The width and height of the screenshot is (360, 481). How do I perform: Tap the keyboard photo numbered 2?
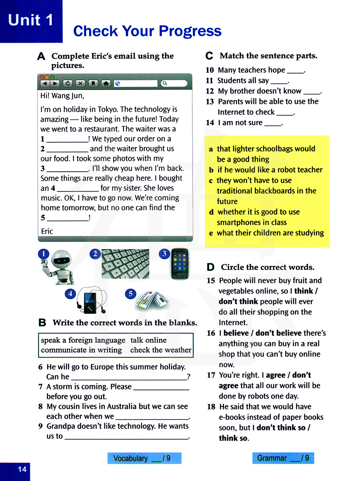click(125, 264)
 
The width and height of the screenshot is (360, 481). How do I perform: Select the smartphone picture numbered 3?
click(180, 264)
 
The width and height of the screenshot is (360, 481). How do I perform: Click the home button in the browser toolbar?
click(105, 84)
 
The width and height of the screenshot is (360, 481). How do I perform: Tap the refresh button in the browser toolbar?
click(68, 84)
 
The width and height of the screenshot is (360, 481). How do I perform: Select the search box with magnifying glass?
click(174, 84)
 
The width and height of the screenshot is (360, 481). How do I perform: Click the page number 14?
click(22, 469)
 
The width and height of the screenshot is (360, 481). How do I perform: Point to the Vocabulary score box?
click(144, 458)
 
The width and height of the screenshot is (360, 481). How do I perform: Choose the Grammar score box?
click(283, 458)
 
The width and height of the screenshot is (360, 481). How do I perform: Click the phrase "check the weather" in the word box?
click(161, 350)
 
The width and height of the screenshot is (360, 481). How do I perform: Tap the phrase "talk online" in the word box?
click(148, 340)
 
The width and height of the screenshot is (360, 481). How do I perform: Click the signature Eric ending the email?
click(47, 231)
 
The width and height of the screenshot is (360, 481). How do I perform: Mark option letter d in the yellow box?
click(211, 212)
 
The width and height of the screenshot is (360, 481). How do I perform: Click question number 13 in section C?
click(210, 102)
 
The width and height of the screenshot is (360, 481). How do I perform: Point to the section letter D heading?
click(211, 267)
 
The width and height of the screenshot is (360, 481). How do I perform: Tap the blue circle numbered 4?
click(70, 294)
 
